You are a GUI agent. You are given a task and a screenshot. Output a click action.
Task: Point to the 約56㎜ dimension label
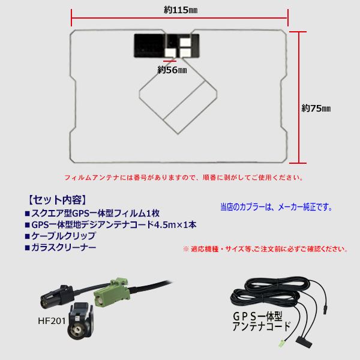(x=172, y=70)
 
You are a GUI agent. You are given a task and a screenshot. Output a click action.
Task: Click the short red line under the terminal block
(x=170, y=59)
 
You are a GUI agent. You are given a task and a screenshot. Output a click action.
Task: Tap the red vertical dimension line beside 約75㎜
(x=300, y=96)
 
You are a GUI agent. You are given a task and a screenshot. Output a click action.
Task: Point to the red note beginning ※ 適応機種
(x=265, y=248)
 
